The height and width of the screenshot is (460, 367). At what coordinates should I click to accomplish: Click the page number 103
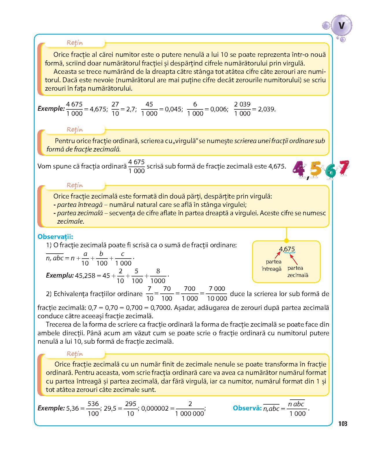(x=342, y=424)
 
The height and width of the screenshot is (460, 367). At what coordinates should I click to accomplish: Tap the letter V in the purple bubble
(x=342, y=26)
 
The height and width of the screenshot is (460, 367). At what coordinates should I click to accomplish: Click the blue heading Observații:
(x=55, y=237)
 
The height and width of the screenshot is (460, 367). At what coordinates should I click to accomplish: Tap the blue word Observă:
(x=247, y=408)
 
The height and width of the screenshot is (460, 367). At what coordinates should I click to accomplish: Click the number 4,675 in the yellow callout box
(x=287, y=249)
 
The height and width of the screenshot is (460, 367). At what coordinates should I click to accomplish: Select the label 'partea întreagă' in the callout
(x=271, y=265)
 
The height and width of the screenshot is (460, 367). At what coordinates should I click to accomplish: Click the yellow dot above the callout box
(x=286, y=241)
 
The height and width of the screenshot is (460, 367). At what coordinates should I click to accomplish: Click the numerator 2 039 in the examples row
(x=242, y=104)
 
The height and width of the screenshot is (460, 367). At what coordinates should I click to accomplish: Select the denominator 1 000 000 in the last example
(x=190, y=414)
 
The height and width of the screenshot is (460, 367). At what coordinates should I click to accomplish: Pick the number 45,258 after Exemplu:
(x=85, y=276)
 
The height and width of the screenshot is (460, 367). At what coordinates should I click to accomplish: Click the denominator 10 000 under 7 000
(x=217, y=298)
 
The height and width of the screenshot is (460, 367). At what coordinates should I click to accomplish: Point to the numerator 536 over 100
(x=93, y=404)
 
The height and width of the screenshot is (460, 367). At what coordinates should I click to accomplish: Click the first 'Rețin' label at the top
(x=75, y=43)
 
